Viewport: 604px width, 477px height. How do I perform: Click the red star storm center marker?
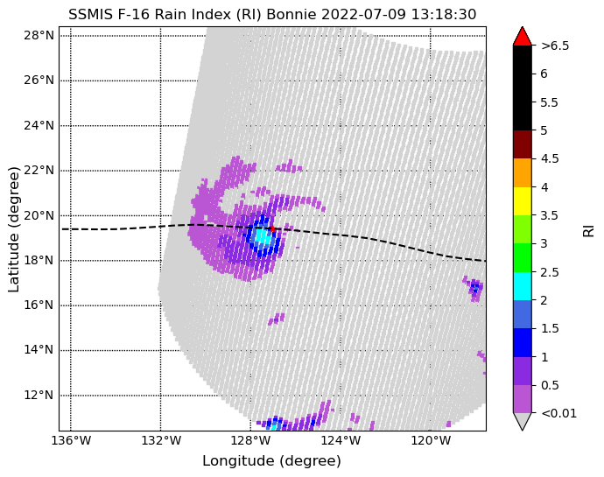pyautogui.click(x=272, y=228)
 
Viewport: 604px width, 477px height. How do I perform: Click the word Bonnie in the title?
pyautogui.click(x=291, y=15)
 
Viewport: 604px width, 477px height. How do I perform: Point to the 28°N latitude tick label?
pyautogui.click(x=39, y=36)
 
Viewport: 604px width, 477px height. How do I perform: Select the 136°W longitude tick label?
pyautogui.click(x=71, y=440)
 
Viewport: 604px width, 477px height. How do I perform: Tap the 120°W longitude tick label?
pyautogui.click(x=431, y=440)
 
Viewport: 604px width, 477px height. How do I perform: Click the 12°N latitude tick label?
pyautogui.click(x=39, y=396)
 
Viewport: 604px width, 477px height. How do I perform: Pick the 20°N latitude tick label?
pyautogui.click(x=39, y=216)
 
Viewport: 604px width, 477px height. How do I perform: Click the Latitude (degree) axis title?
pyautogui.click(x=13, y=229)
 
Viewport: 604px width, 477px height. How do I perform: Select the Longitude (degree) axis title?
pyautogui.click(x=272, y=461)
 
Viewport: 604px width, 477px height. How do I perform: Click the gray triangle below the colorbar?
pyautogui.click(x=523, y=421)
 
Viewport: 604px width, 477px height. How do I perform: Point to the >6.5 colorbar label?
pyautogui.click(x=555, y=46)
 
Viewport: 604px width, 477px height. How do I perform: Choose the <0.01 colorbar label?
pyautogui.click(x=559, y=413)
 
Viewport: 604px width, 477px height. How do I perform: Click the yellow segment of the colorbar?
pyautogui.click(x=523, y=201)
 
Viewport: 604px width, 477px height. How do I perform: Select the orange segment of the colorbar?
pyautogui.click(x=523, y=173)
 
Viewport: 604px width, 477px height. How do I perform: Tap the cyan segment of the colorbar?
pyautogui.click(x=523, y=286)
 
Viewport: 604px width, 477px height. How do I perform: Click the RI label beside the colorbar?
pyautogui.click(x=588, y=231)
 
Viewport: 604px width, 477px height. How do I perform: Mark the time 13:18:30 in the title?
pyautogui.click(x=444, y=15)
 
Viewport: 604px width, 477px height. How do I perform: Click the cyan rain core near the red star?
pyautogui.click(x=263, y=235)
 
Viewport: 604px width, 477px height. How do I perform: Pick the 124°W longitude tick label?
pyautogui.click(x=341, y=440)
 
